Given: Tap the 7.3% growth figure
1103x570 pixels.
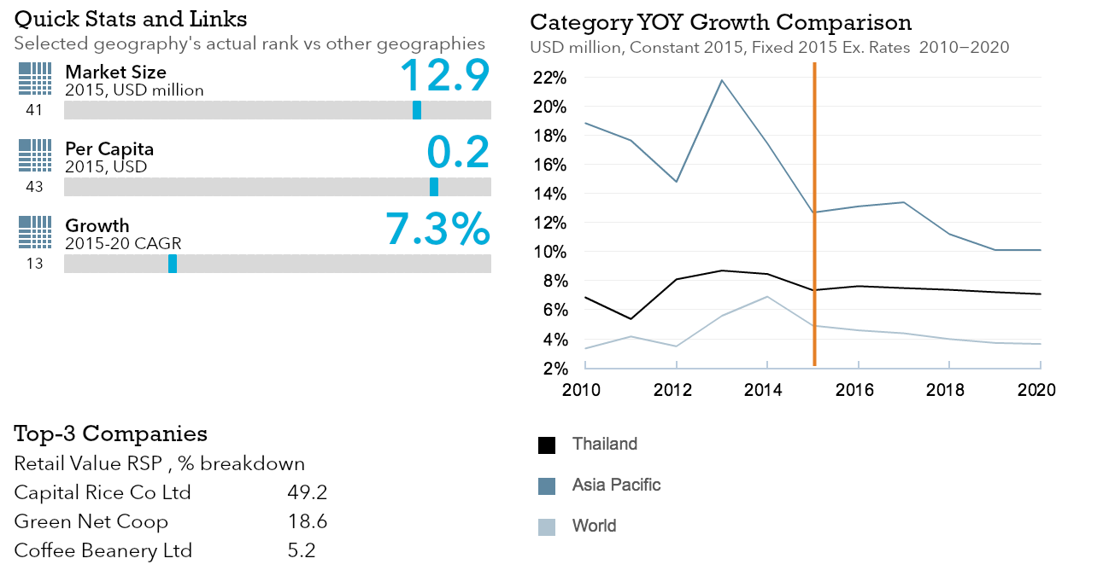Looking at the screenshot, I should click(437, 229).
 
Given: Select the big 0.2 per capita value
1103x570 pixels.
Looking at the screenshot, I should click(458, 152).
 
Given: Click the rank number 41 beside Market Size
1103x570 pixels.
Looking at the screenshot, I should click(34, 110).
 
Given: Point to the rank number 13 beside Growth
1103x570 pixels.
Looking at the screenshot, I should click(34, 264).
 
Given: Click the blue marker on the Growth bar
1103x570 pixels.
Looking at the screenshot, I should click(173, 264).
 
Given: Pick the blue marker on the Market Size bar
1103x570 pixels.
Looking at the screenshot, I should click(417, 110).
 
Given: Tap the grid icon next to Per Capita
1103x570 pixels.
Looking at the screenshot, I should click(35, 156).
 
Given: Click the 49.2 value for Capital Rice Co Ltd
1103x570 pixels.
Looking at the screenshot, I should click(308, 493).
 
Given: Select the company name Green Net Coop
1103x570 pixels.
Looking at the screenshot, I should click(91, 522).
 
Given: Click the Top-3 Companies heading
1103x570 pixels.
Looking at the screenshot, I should click(110, 434).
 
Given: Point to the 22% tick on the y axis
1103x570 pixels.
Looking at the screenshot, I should click(549, 78).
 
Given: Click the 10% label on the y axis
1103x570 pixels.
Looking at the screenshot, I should click(549, 252).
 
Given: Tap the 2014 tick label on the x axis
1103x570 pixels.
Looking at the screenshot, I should click(763, 390).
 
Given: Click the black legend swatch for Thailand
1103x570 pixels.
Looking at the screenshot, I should click(547, 445).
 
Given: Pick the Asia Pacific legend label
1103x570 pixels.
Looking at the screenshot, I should click(616, 486).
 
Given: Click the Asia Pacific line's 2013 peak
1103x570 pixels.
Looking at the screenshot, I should click(722, 80).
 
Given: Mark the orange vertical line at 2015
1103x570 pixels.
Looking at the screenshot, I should click(814, 213).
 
